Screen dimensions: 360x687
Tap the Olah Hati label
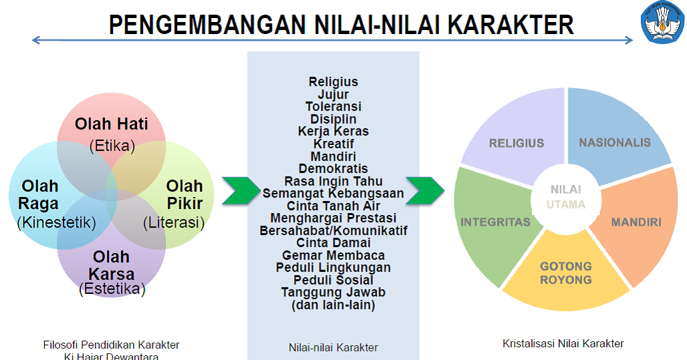112,124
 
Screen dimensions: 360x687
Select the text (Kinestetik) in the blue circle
56,222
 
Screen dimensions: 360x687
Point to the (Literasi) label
173,223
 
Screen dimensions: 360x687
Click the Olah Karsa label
112,265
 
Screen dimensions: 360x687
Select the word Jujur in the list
333,94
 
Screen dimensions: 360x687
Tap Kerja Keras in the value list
333,131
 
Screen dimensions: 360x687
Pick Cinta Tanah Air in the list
333,205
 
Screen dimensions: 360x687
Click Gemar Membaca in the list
333,255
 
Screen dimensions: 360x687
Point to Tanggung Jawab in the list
333,292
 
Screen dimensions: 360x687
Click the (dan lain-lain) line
333,305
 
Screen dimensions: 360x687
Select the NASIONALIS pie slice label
614,143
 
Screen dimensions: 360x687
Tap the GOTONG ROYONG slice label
566,273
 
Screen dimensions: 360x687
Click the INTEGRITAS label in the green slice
495,222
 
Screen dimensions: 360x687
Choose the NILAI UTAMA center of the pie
566,197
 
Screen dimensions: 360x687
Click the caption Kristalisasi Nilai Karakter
563,343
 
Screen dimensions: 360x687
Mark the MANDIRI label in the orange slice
636,222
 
